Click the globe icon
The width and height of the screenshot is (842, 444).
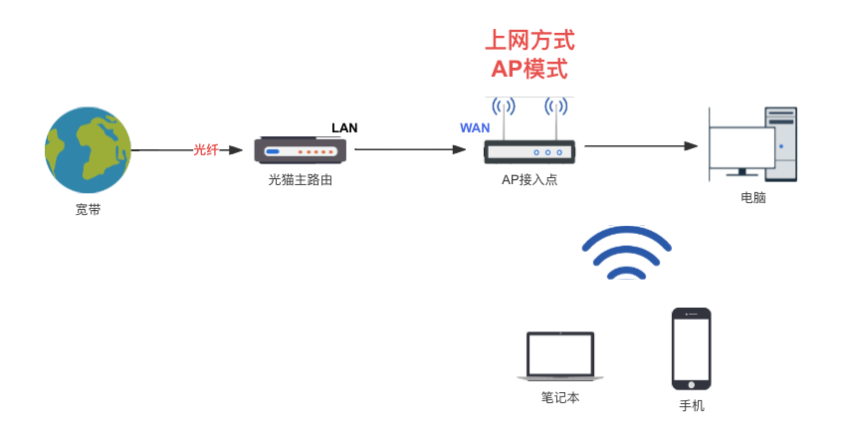click(88, 149)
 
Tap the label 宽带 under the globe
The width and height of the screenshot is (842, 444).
click(88, 210)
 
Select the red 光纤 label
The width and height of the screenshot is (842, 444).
click(206, 149)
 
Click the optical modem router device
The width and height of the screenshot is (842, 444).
click(300, 150)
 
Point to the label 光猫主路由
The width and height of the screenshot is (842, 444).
click(300, 180)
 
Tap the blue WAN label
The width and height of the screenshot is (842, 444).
click(474, 127)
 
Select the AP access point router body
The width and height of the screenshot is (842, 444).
click(529, 152)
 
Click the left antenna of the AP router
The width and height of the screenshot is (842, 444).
click(504, 115)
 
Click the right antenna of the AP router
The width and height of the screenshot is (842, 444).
click(555, 115)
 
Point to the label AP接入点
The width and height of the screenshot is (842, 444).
click(529, 180)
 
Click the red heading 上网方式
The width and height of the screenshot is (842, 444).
click(529, 41)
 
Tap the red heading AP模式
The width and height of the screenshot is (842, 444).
click(529, 69)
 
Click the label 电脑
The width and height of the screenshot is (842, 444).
click(753, 198)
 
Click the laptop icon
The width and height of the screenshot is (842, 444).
click(560, 356)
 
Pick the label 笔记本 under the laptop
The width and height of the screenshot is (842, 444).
click(560, 397)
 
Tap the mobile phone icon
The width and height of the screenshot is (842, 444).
click(691, 348)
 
